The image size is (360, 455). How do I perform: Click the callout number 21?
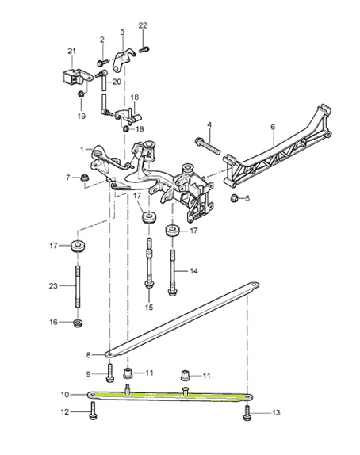coord(71,52)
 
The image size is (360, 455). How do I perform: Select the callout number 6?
coord(272,127)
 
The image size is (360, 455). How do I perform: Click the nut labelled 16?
coord(78,323)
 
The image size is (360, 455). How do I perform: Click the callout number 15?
coord(148,307)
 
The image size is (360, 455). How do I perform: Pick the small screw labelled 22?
coord(144,50)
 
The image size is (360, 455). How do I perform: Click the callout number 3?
coord(123,32)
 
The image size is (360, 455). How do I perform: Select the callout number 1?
coord(82,148)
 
